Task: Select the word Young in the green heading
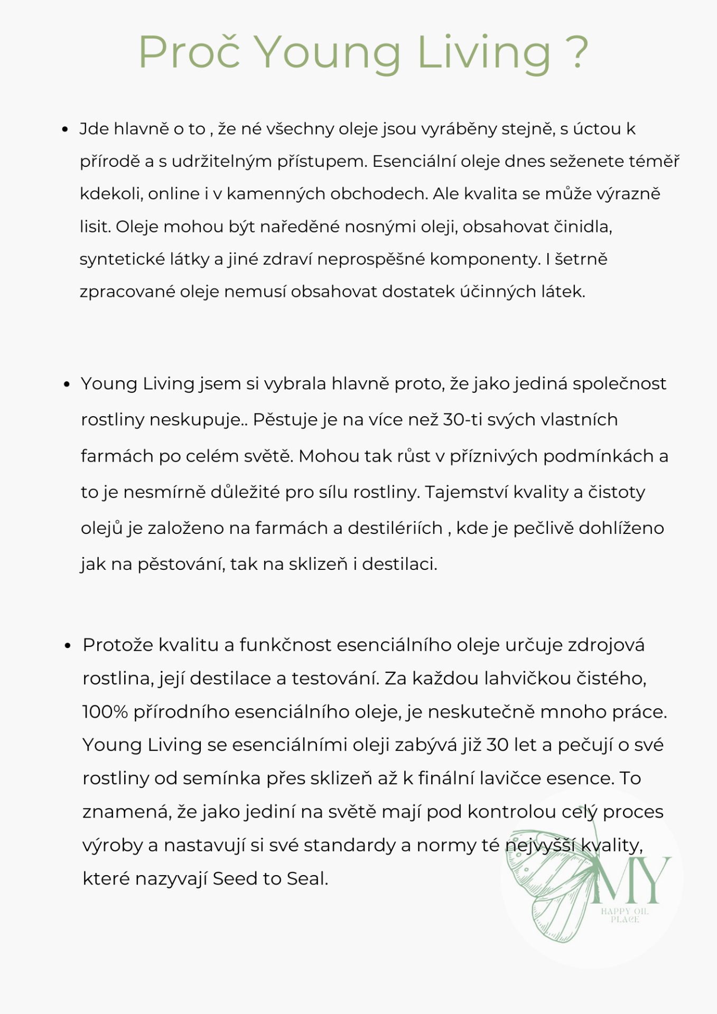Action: point(328,53)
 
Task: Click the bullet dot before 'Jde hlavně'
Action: point(65,129)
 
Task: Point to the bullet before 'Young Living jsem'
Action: point(67,384)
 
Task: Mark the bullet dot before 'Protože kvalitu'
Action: point(68,646)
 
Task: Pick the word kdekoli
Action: point(110,194)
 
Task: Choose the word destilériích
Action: point(395,528)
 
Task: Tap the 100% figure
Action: point(105,712)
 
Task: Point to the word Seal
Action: point(307,879)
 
